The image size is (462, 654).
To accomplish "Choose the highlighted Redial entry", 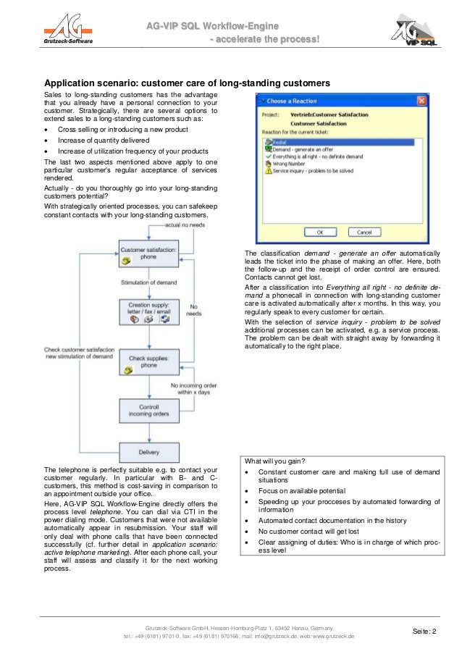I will pyautogui.click(x=282, y=143).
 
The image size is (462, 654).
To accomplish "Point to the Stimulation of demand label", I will pyautogui.click(x=148, y=282).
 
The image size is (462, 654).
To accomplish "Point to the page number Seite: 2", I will pyautogui.click(x=424, y=632).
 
